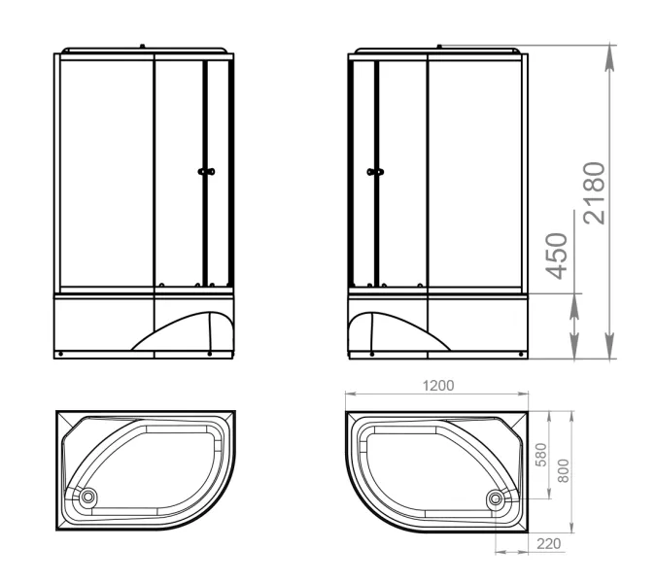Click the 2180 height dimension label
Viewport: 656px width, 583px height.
click(595, 193)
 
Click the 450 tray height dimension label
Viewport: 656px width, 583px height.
click(557, 256)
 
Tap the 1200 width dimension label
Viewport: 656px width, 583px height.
click(438, 385)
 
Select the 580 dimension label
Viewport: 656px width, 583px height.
click(541, 455)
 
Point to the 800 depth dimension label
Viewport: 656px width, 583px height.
click(564, 471)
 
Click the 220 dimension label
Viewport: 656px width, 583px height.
click(548, 544)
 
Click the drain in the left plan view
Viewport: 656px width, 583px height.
click(88, 497)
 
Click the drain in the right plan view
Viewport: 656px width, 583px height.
click(496, 498)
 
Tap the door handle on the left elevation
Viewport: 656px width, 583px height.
click(206, 171)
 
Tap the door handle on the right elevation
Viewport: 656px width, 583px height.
click(375, 171)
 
